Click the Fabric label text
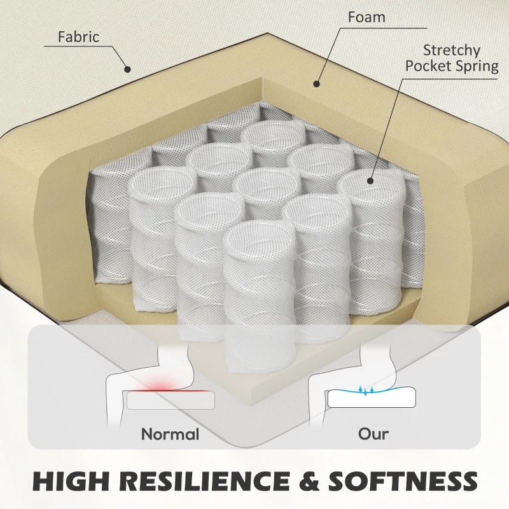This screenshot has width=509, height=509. click(x=78, y=36)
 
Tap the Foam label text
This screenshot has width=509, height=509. click(x=366, y=17)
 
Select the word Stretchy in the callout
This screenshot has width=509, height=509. click(x=452, y=51)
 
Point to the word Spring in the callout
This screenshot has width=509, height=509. click(x=476, y=67)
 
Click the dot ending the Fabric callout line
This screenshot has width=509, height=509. click(x=128, y=69)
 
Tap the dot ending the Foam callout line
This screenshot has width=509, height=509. click(x=317, y=84)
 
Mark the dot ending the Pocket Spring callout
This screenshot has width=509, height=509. click(x=370, y=181)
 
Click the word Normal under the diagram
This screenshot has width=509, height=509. click(x=170, y=434)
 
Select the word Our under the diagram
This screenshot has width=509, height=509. click(x=373, y=434)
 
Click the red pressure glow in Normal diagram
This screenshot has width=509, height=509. click(x=162, y=384)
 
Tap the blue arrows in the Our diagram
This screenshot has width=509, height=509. click(x=366, y=390)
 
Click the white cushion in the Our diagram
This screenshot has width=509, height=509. click(x=372, y=397)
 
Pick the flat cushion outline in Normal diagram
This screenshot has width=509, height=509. click(x=171, y=400)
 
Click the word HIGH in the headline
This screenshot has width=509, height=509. click(x=71, y=480)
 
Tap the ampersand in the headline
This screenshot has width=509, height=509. click(x=309, y=480)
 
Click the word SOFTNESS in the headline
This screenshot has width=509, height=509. click(x=403, y=480)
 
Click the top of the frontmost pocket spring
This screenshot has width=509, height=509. click(x=260, y=236)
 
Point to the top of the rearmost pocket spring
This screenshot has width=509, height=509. click(x=275, y=133)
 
